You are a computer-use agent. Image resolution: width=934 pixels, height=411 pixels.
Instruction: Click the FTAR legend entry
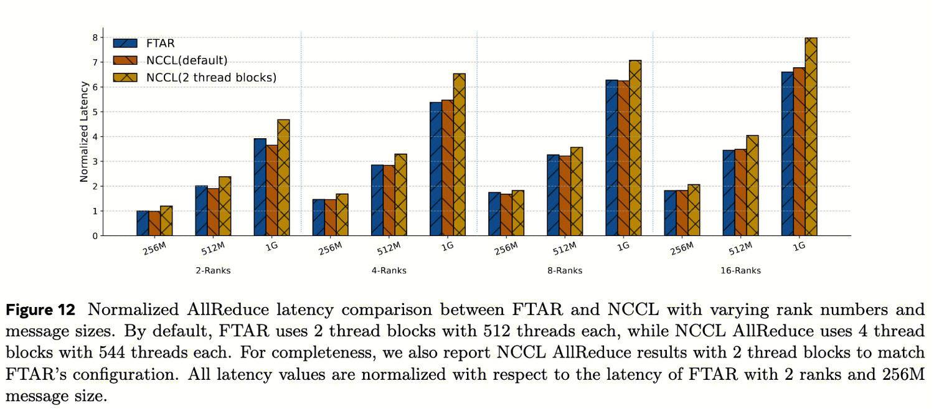coord(161,44)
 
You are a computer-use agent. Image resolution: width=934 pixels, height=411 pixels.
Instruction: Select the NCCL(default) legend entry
coord(187,60)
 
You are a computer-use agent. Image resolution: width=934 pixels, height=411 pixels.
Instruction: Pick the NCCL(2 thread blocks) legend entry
coord(211,77)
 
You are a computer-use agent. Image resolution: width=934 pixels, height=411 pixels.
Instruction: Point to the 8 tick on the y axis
coord(95,37)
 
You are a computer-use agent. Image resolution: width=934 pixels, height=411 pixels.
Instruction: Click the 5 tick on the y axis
coord(95,112)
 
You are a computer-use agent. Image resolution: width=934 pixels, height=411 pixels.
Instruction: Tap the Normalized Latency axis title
coord(84,136)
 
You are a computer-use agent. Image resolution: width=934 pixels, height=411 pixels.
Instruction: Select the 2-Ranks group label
coord(213,271)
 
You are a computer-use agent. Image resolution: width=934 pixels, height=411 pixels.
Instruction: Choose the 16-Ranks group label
coord(740,271)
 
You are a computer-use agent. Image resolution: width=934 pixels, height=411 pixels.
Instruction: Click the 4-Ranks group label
coord(389,271)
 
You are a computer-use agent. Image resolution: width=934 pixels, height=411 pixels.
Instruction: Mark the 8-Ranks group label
coord(565,271)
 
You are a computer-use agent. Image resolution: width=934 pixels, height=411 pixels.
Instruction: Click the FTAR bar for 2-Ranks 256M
coord(143,224)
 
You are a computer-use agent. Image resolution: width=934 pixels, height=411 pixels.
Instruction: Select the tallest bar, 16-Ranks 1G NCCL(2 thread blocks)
coord(811,137)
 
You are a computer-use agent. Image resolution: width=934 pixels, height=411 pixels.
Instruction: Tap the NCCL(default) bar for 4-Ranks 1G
coord(448,168)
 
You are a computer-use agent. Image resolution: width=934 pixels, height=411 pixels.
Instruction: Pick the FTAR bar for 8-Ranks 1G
coord(611,158)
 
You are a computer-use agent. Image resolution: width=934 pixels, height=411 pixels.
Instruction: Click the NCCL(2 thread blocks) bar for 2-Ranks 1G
coord(283,178)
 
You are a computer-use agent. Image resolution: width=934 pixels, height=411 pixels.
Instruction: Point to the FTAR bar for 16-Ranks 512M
coord(729,193)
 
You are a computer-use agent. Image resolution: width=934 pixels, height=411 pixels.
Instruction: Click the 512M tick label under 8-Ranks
coord(564,249)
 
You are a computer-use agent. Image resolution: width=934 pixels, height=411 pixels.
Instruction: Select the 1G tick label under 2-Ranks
coord(271,246)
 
